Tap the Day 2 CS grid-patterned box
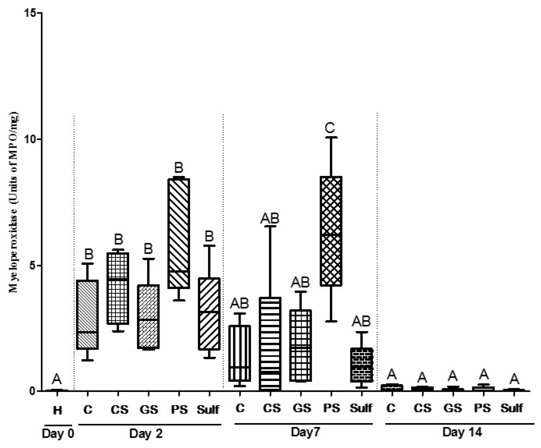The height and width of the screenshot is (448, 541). point(118,288)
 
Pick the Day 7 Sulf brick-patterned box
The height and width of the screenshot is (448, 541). point(361,365)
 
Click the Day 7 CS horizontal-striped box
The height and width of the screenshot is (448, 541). point(270,344)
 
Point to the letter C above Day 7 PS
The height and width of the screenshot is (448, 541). point(330,128)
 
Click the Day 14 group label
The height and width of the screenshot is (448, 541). point(462,432)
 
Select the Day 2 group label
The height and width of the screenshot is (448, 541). point(146,433)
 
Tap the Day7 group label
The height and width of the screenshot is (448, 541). point(305,432)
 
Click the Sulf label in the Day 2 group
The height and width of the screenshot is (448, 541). point(208,410)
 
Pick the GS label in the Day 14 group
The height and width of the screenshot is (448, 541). point(452,408)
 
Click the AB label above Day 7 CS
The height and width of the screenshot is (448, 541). point(270,218)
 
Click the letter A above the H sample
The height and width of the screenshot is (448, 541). point(57,379)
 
